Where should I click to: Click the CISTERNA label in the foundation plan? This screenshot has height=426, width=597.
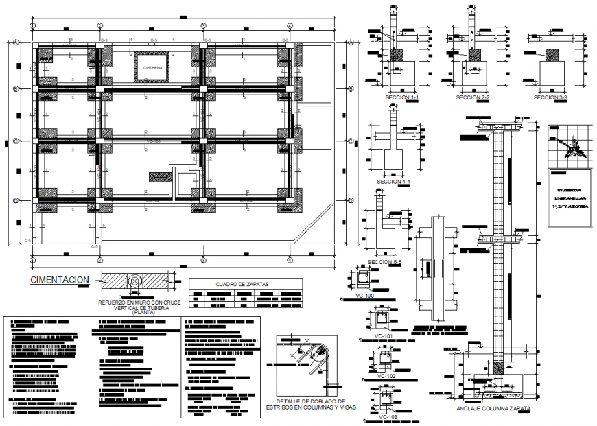(153, 68)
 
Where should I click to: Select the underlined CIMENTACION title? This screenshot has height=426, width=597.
(60, 280)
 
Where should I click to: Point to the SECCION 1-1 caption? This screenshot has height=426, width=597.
(403, 98)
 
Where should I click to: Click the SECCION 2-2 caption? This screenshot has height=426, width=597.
(473, 98)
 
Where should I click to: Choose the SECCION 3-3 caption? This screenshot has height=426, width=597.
(550, 98)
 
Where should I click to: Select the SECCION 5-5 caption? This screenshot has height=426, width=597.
(384, 262)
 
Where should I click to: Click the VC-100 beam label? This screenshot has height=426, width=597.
(364, 296)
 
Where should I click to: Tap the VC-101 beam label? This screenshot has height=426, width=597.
(384, 336)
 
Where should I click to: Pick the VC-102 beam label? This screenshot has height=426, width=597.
(386, 376)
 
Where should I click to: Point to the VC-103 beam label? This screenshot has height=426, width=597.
(388, 417)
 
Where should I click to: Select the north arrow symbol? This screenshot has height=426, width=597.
(570, 146)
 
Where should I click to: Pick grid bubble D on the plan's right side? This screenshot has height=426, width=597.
(350, 200)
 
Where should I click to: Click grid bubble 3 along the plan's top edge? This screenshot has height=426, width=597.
(204, 25)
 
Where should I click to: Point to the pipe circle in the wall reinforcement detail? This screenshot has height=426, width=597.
(135, 281)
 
